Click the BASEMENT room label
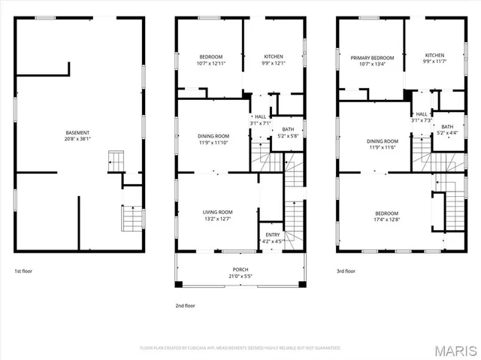77,133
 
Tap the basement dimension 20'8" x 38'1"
77,139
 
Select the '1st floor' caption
24,271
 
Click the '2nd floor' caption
185,306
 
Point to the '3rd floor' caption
346,271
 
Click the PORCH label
240,270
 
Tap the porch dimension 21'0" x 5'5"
240,276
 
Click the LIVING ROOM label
217,213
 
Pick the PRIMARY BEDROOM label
372,57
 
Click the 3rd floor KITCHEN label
434,55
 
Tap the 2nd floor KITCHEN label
273,57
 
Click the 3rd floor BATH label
447,126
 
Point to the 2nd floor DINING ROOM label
213,136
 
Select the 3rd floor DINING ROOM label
383,141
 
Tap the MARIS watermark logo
458,349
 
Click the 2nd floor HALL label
260,117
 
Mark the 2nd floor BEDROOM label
210,57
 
